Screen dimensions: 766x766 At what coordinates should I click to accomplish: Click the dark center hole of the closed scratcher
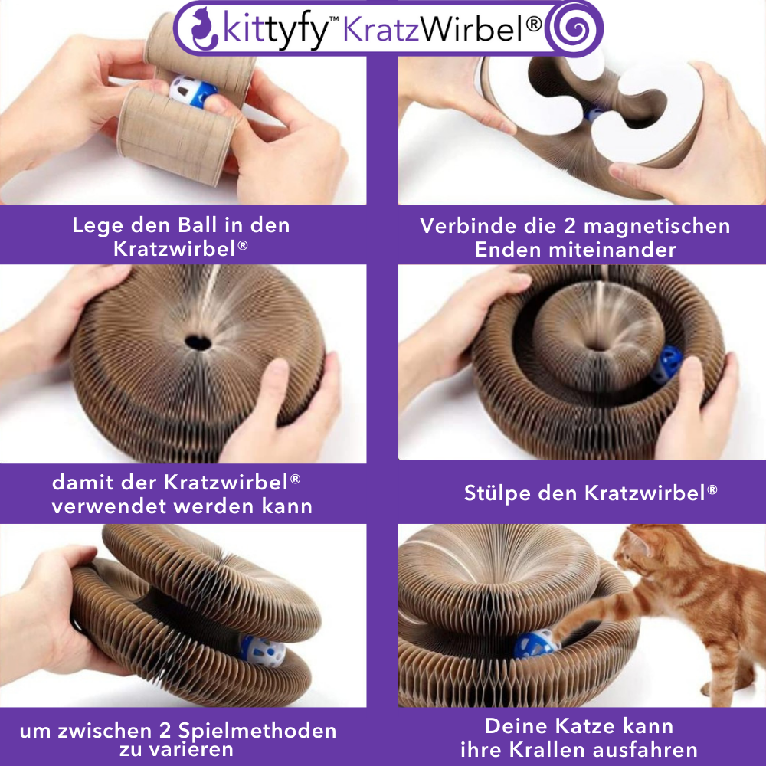coord(198,339)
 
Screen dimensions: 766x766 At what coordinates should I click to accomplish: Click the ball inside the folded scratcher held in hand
coord(263,651)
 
